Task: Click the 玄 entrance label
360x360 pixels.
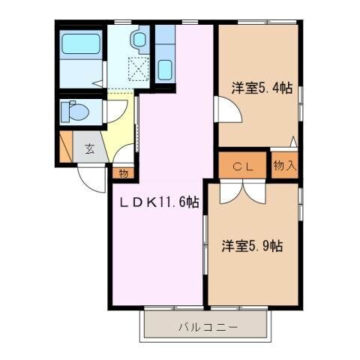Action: tap(89, 148)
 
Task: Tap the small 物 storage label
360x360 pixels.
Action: tap(122, 172)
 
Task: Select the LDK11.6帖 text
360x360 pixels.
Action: tap(157, 202)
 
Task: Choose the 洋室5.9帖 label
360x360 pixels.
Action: tap(251, 245)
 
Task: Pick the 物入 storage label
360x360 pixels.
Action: tap(284, 165)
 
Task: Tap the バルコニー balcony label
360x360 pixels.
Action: tap(208, 327)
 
